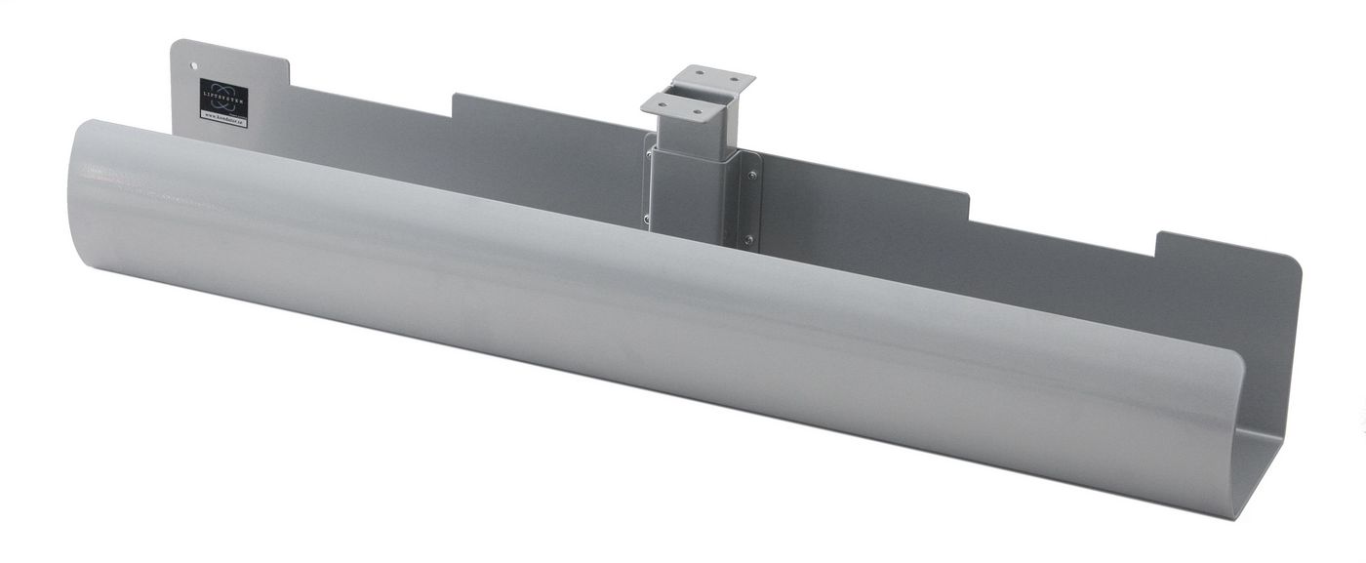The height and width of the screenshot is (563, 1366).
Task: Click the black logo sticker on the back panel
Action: point(223,97)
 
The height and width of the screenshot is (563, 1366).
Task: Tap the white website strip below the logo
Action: point(224,118)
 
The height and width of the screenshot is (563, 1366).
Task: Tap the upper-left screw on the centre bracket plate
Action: point(649,155)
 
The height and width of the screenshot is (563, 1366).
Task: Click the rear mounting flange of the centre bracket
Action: point(717,76)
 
